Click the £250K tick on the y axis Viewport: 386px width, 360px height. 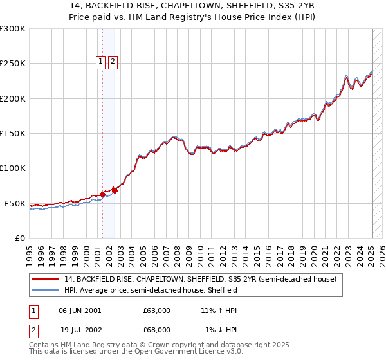pos(13,64)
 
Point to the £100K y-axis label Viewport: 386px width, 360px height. pos(13,168)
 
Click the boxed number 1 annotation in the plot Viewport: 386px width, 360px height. pos(102,62)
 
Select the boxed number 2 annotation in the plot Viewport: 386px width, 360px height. pos(113,62)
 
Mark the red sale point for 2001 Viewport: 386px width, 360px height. pos(102,194)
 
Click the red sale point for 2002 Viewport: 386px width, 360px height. pos(115,190)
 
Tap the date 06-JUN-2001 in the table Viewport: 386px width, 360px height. pos(80,310)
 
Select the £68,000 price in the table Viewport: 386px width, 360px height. pos(157,330)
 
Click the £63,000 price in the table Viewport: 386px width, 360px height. pos(157,310)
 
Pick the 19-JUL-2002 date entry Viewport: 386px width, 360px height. pos(80,330)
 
